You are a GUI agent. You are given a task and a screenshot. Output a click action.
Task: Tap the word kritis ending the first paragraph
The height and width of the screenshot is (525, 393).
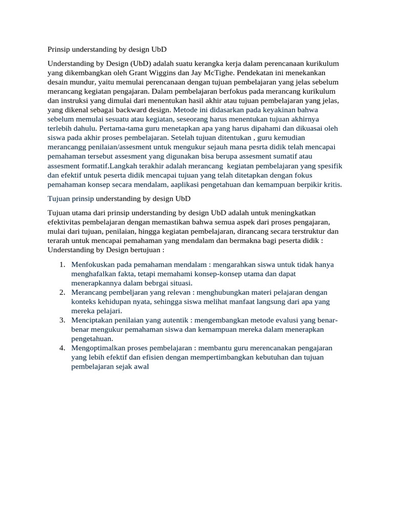pos(331,185)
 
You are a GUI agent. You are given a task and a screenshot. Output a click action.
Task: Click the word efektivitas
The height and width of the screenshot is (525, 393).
pos(67,222)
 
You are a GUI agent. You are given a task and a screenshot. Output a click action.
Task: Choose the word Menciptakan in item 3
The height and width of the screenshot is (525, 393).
pos(93,320)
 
